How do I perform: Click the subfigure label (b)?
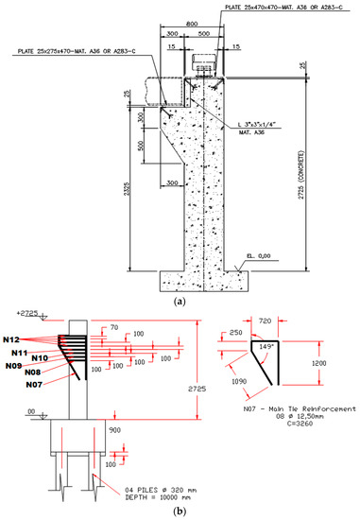click(x=180, y=511)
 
